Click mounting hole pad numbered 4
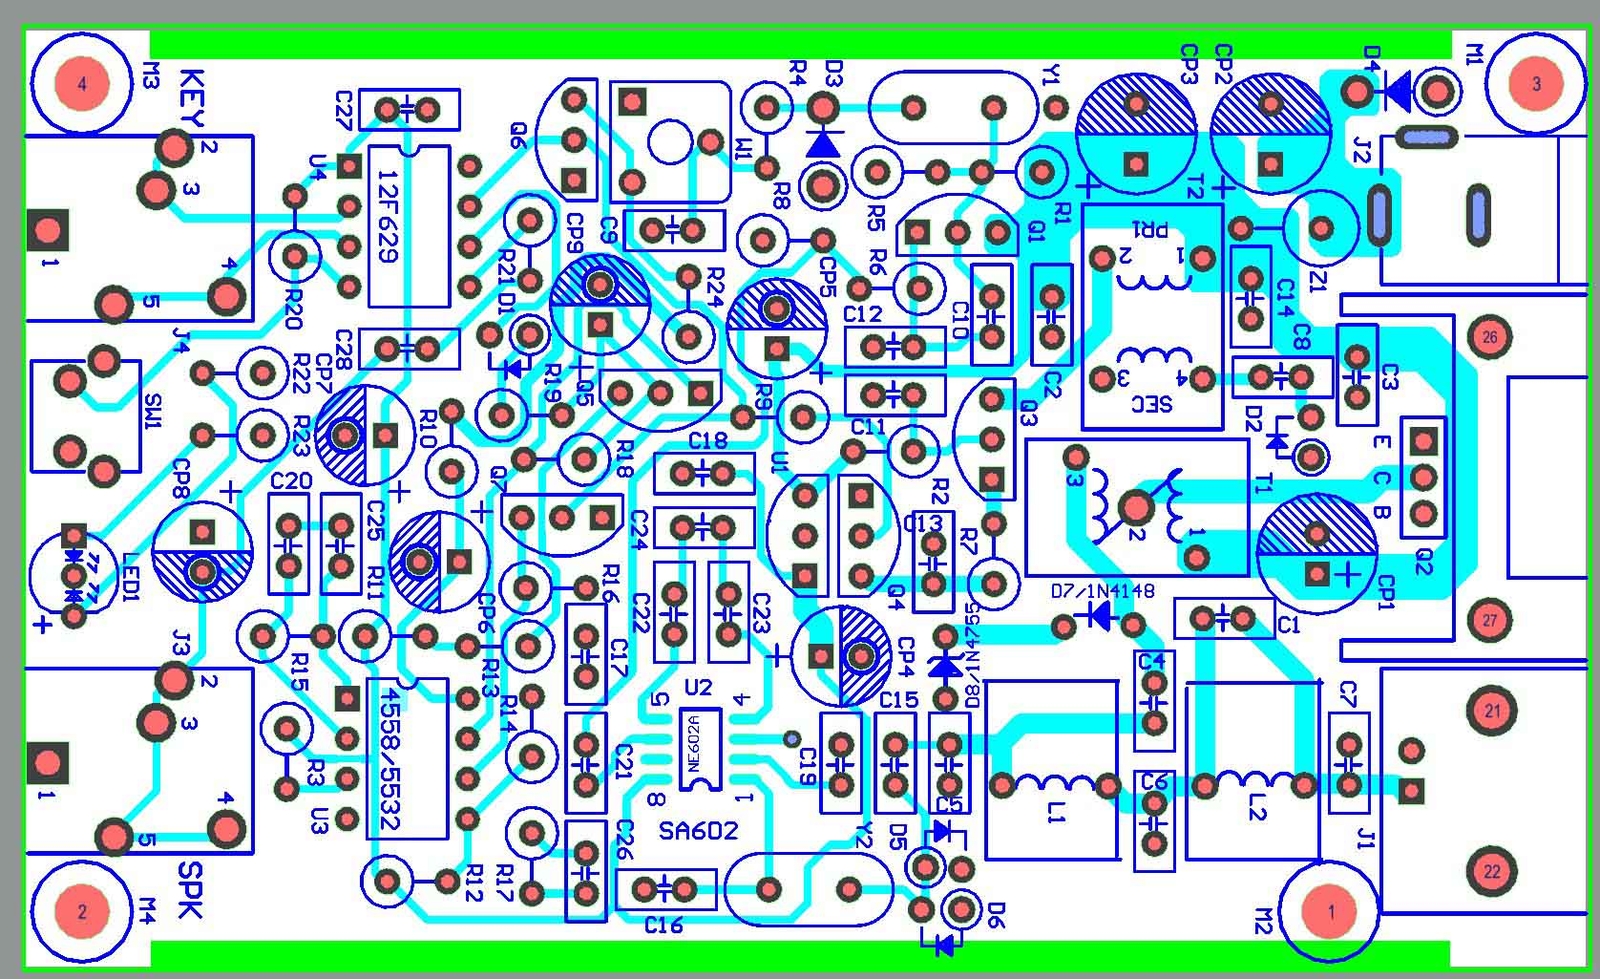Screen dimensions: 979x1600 (82, 83)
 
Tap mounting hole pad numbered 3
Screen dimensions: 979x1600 (1536, 83)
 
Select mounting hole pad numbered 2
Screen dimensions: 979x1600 (82, 911)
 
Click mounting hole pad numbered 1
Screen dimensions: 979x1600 (1330, 911)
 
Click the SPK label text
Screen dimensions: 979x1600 (189, 889)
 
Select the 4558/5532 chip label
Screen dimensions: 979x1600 (390, 760)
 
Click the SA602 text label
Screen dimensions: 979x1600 (698, 831)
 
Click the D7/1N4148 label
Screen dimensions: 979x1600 (1103, 591)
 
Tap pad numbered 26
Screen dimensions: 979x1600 (1490, 337)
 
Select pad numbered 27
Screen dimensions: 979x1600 (1490, 620)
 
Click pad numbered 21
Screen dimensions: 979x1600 (1492, 711)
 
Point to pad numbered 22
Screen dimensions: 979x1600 (1492, 871)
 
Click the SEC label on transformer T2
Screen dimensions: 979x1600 (1152, 404)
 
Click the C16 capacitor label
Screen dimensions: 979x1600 (663, 926)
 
